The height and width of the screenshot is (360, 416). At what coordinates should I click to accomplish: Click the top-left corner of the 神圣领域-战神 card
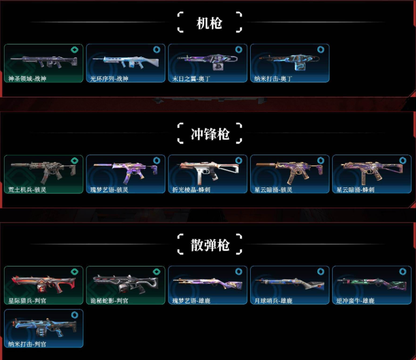4,44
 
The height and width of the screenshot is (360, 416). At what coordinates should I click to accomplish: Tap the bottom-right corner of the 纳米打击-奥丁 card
329,82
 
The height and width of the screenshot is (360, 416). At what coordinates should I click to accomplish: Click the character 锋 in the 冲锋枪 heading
210,134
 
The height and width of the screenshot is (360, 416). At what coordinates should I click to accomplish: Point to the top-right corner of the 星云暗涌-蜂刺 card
411,155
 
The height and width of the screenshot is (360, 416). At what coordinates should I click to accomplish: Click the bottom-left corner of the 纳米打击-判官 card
4,347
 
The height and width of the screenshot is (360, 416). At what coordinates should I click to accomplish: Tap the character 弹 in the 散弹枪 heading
210,245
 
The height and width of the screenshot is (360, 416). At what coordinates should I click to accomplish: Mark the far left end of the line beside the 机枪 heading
30,22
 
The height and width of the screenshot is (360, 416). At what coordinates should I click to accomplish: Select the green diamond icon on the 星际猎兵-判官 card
74,271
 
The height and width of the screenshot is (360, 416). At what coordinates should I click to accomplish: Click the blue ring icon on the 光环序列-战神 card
157,49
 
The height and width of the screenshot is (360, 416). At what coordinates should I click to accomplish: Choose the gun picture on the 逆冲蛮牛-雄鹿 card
372,283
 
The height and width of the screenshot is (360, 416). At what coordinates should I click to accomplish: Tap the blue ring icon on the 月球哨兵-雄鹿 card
321,271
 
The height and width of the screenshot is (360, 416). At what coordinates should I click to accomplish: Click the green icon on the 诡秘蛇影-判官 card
156,271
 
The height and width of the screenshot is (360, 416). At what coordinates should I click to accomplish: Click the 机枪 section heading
209,23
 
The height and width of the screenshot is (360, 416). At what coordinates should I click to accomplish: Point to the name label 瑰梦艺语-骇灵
109,189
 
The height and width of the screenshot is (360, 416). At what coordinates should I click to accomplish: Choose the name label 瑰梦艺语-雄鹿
191,301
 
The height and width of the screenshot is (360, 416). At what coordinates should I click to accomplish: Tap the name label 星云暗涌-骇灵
273,189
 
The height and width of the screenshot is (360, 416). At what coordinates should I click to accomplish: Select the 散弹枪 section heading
210,245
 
